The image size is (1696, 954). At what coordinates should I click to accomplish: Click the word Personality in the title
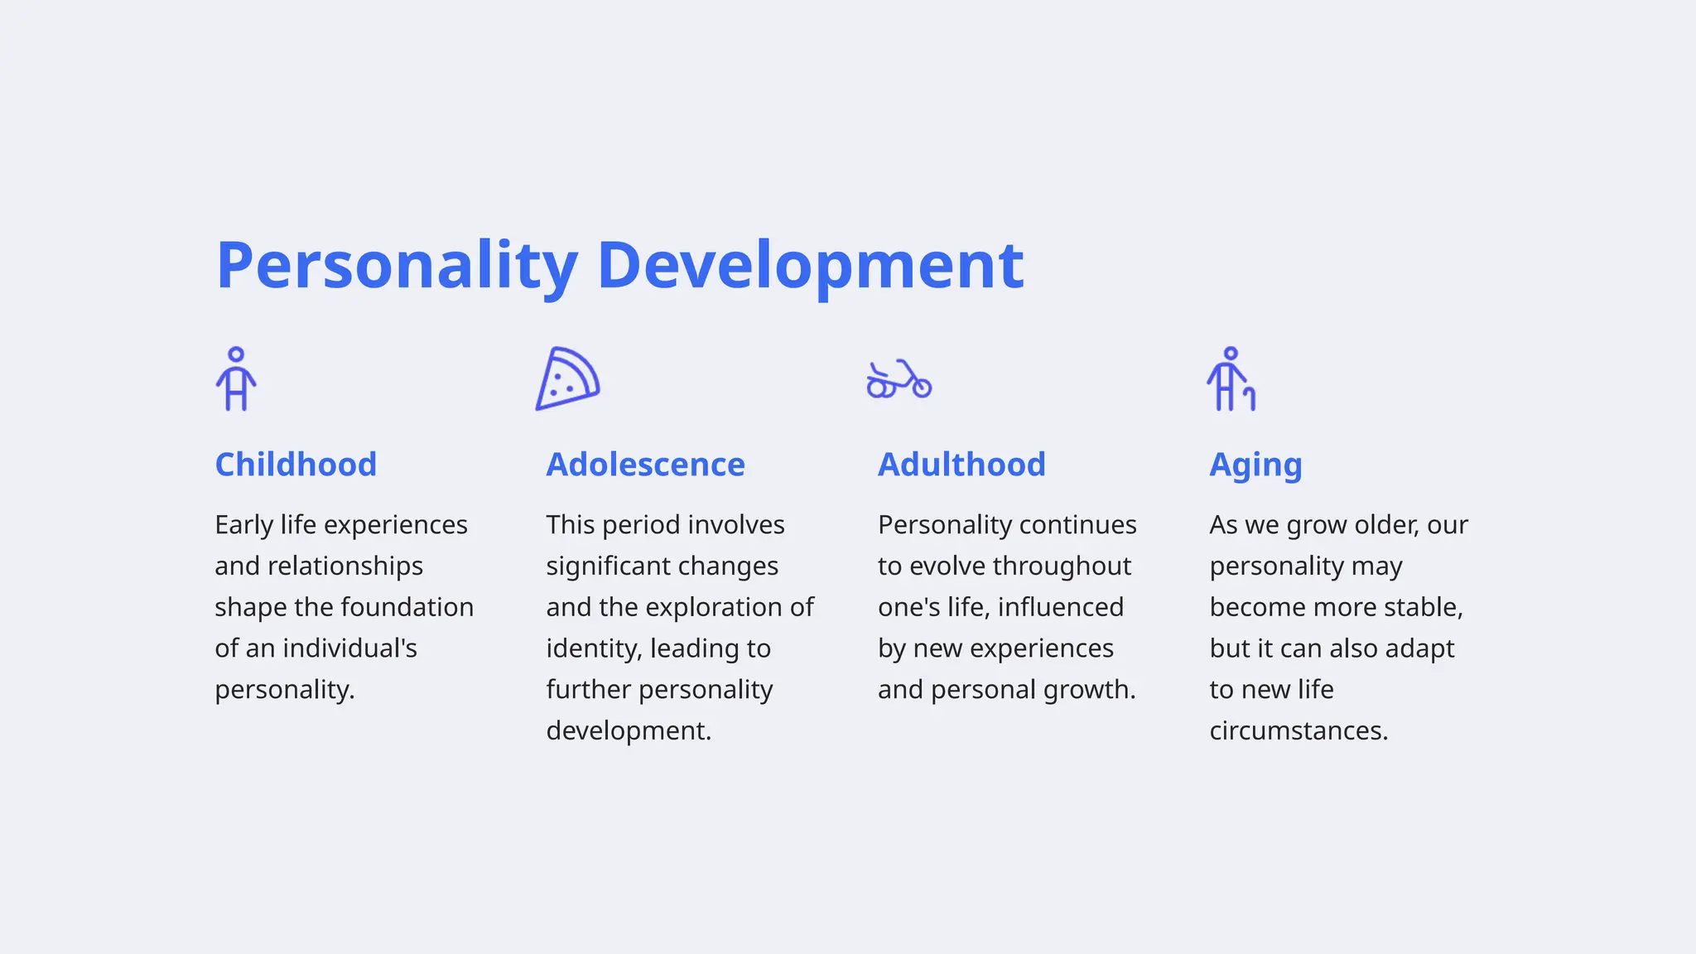[396, 265]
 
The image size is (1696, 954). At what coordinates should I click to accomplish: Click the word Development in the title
[810, 265]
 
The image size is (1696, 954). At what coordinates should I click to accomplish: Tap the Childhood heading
[296, 465]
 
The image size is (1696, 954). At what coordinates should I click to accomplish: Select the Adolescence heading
[645, 465]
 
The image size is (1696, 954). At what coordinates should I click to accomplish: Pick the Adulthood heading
[961, 465]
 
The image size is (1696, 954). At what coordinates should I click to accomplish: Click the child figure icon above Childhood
[236, 379]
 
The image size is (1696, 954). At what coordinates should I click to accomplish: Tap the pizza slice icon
[567, 379]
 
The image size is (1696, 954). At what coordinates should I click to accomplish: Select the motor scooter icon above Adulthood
[899, 380]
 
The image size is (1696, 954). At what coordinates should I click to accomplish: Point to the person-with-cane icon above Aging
[1231, 379]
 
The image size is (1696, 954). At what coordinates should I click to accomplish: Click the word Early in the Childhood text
[244, 525]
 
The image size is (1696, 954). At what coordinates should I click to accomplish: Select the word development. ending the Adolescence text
[629, 730]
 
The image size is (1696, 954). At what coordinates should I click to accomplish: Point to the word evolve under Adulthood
[947, 566]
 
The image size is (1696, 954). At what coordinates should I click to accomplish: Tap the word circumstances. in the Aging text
[1298, 730]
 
